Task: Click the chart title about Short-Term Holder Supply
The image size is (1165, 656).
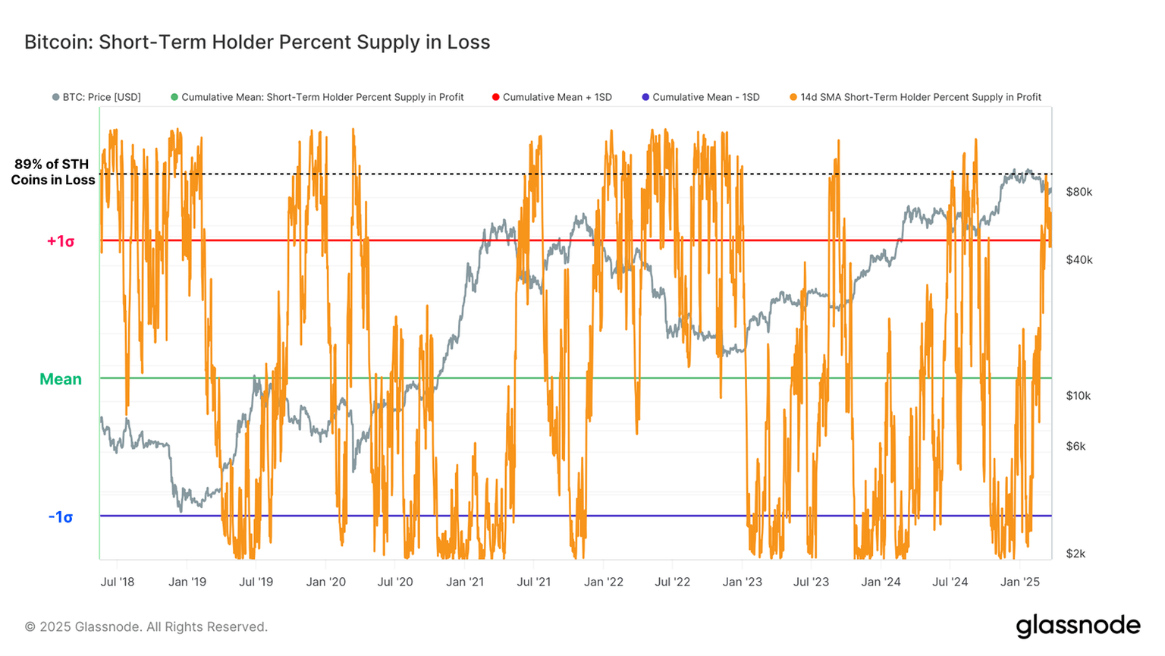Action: [x=257, y=42]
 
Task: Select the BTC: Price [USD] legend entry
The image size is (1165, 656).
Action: [x=96, y=97]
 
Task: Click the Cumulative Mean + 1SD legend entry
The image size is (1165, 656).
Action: [x=552, y=97]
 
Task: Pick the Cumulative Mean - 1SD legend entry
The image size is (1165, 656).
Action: [x=700, y=97]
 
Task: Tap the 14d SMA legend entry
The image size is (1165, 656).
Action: [x=915, y=97]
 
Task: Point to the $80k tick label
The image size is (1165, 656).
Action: [x=1079, y=192]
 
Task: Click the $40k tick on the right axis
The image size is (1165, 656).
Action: [x=1079, y=259]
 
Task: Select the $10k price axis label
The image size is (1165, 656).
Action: [x=1078, y=396]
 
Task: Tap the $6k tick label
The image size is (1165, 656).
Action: [x=1076, y=446]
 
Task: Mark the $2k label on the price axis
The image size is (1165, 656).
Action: [x=1076, y=554]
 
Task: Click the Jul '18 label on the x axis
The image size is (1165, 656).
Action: [x=117, y=582]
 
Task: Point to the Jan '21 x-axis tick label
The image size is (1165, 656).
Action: [x=465, y=582]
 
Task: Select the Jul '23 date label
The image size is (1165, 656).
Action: [x=811, y=582]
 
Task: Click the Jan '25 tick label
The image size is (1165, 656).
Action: [x=1020, y=582]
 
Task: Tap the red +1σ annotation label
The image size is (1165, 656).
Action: [x=61, y=241]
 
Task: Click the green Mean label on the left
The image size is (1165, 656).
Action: [x=60, y=379]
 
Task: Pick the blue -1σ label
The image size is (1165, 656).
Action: [x=61, y=517]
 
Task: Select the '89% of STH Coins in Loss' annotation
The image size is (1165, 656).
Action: [x=52, y=172]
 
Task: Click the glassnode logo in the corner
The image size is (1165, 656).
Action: [x=1078, y=626]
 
